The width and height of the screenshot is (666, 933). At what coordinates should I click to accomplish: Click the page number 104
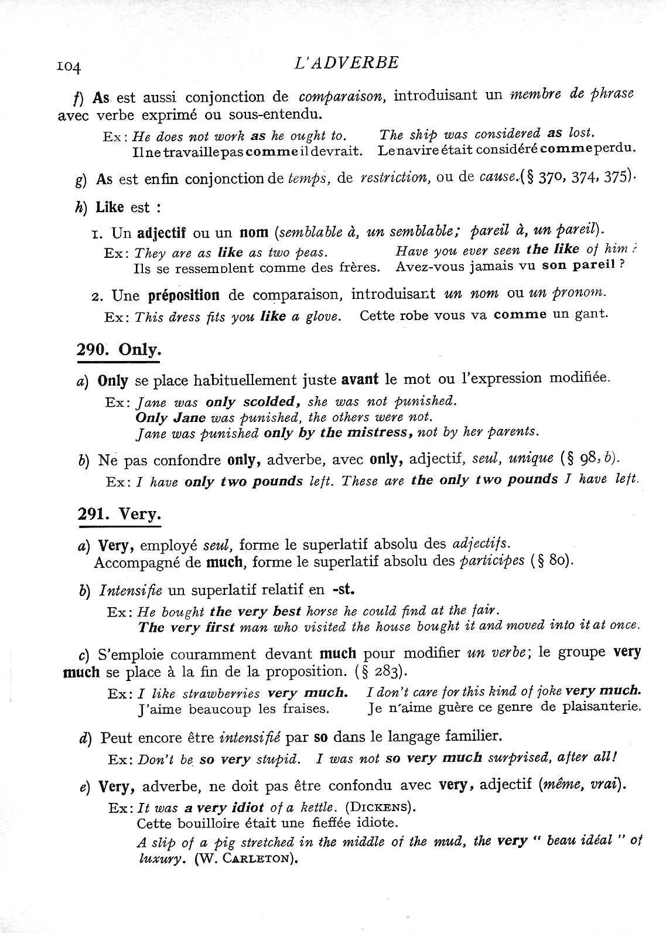click(69, 66)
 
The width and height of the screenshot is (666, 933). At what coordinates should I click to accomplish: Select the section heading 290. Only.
click(119, 350)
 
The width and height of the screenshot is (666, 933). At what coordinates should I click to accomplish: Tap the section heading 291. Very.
click(119, 514)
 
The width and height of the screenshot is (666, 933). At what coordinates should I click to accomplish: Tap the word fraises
click(303, 709)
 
